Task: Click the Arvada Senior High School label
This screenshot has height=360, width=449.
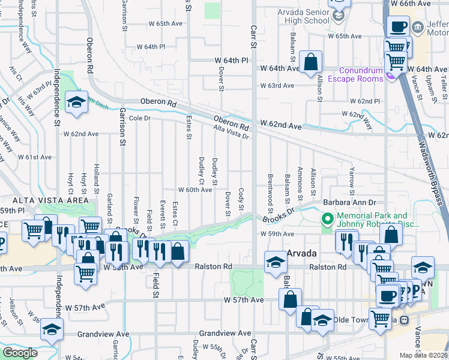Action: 304,16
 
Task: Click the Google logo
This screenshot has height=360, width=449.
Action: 20,353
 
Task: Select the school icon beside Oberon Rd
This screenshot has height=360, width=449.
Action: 76,103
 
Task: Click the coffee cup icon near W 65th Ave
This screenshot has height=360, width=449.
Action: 399,27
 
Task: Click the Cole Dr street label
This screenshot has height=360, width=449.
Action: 139,118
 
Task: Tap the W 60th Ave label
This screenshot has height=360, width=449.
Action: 194,190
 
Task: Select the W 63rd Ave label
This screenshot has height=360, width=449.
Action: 277,85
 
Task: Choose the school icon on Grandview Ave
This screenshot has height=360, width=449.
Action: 52,329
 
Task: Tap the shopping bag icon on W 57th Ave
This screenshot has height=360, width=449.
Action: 290,299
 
